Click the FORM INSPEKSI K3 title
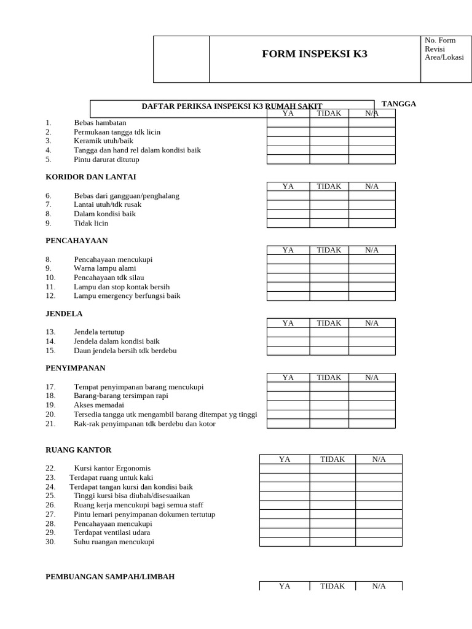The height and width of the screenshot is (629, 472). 314,54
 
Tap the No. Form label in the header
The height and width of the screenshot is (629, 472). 440,41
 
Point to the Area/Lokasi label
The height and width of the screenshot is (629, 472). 444,58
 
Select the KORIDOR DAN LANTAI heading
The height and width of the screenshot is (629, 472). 91,177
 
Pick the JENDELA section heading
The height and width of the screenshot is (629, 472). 64,314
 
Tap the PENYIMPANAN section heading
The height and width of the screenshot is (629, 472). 76,369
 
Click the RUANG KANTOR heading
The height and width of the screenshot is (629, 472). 79,450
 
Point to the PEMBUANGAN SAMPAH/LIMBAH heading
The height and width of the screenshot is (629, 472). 110,577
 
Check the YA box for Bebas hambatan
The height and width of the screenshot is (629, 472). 288,123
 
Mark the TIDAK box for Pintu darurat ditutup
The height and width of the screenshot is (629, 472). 329,160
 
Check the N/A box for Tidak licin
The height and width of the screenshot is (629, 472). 372,224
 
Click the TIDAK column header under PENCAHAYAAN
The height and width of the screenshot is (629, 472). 329,250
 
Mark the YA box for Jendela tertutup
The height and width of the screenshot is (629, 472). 288,332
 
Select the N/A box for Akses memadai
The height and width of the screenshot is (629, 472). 372,405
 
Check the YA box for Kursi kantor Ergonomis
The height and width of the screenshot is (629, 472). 284,469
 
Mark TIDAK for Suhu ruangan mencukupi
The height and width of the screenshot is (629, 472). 332,542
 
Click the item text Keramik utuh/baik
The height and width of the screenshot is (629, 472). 103,141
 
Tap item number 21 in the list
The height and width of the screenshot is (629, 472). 50,424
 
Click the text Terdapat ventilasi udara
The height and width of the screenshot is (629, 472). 112,533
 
